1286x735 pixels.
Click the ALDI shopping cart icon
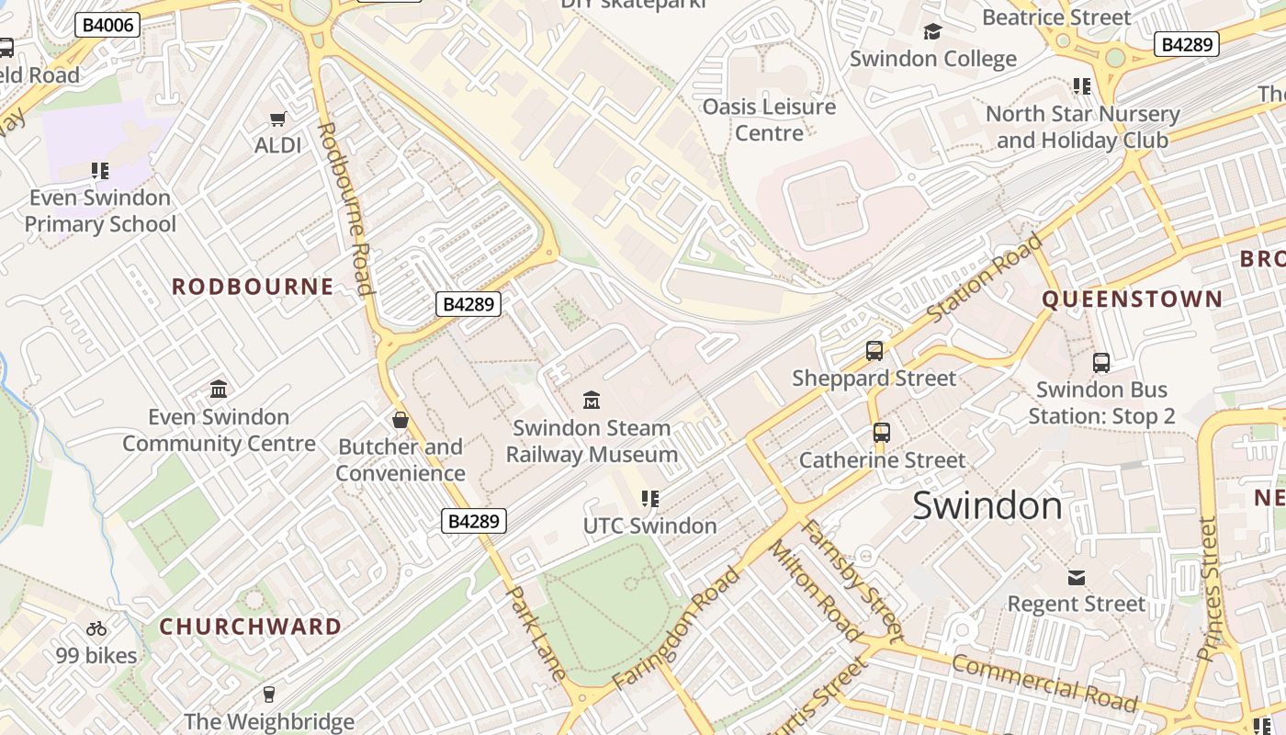(277, 119)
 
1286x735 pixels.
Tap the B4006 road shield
(107, 25)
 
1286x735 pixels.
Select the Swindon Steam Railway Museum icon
(592, 400)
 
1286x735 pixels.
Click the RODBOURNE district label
(253, 287)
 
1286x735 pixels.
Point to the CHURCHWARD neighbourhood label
(251, 627)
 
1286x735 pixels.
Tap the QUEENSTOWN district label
(1132, 300)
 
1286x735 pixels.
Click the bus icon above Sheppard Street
(874, 350)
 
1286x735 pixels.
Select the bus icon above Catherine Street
(881, 432)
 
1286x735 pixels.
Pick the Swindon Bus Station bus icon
(1100, 362)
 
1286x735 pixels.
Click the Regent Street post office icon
(1076, 577)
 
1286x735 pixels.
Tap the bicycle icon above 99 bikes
(96, 628)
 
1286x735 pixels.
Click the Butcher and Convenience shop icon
(400, 420)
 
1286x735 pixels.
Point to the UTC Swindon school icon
(649, 499)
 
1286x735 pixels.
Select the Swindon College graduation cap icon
(932, 32)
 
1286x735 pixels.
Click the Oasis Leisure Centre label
(769, 119)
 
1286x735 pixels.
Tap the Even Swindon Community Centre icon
(219, 389)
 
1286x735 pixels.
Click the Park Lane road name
(535, 633)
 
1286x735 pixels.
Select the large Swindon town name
(987, 506)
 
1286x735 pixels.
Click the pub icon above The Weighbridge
(269, 694)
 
